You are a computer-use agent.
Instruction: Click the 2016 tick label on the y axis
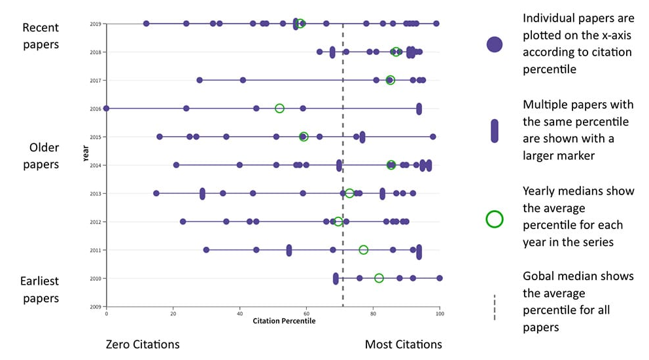coord(95,109)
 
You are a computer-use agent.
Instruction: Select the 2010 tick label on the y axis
coord(95,278)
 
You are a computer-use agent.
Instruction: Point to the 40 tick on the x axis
coord(239,314)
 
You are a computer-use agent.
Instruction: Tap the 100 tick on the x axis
coord(440,314)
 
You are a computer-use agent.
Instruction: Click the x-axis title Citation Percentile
coord(284,321)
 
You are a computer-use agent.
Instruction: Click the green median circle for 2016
coord(279,108)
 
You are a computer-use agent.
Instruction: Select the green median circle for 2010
coord(379,278)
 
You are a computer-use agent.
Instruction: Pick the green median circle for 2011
coord(363,249)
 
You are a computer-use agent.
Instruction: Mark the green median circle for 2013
coord(349,193)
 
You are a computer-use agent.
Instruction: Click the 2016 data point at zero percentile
coord(106,108)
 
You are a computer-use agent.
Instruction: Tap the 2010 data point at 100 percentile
coord(440,278)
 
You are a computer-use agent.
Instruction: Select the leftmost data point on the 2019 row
coord(146,24)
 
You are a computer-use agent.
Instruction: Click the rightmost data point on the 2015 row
coord(432,137)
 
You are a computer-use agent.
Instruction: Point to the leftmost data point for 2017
coord(200,80)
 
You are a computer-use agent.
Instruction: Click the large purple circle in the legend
coord(495,45)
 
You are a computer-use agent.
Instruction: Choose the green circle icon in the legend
coord(495,219)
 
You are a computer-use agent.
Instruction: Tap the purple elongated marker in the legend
coord(495,131)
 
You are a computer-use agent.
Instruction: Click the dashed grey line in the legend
coord(495,308)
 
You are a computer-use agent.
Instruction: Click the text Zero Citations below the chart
coord(143,344)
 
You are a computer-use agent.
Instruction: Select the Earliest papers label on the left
coord(41,289)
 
